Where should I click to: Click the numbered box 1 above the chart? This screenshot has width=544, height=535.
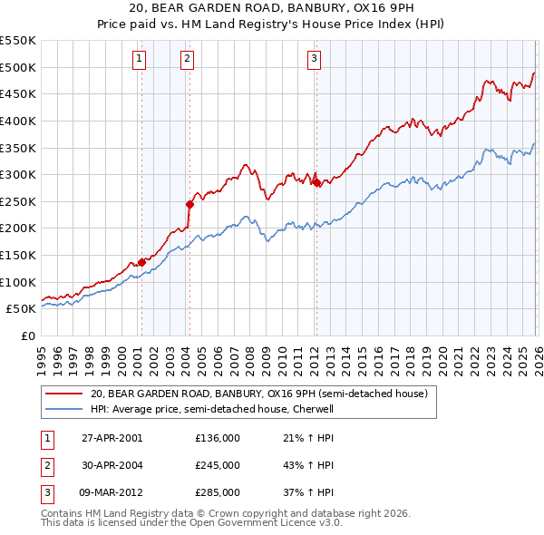[x=140, y=60]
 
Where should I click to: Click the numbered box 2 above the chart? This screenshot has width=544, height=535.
[x=187, y=60]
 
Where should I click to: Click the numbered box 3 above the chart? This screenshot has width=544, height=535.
[x=314, y=60]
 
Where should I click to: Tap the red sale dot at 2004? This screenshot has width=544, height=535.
[x=189, y=204]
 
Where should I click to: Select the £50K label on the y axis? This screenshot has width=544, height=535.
[x=21, y=309]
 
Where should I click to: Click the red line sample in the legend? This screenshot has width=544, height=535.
[x=64, y=394]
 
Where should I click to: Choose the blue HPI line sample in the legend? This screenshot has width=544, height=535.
[x=64, y=410]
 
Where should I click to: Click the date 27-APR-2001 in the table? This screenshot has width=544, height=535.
[x=112, y=438]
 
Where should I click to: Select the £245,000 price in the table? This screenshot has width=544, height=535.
[x=218, y=465]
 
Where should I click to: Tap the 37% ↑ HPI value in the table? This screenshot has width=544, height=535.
[x=309, y=492]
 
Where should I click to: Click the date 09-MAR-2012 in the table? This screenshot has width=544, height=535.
[x=112, y=492]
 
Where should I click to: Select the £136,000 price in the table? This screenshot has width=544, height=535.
[x=218, y=438]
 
